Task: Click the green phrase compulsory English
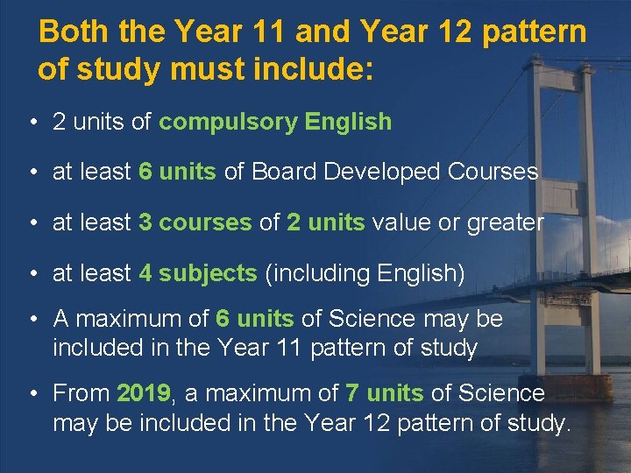coord(275,122)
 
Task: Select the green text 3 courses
coord(195,222)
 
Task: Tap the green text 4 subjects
coord(197,273)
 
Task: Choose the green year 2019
coord(143,393)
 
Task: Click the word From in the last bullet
coord(82,393)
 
